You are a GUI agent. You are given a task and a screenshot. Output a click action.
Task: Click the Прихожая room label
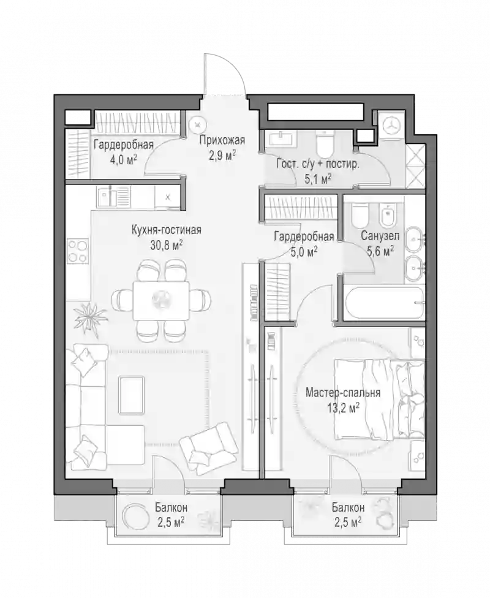[x=222, y=140]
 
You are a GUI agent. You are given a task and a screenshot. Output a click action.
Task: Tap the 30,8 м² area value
[x=166, y=244]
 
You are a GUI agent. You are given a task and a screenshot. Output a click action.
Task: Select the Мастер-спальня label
[x=343, y=392]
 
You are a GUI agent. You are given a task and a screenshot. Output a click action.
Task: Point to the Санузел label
[x=380, y=236]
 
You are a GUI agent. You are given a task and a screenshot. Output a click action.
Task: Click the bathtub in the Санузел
[x=384, y=303]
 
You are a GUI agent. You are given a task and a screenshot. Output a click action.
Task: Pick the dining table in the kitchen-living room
[x=161, y=300]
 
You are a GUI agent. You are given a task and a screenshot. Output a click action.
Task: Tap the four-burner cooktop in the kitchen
[x=78, y=251]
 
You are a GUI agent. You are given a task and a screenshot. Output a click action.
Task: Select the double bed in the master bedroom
[x=379, y=399]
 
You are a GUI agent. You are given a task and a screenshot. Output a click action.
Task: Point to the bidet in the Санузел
[x=388, y=216]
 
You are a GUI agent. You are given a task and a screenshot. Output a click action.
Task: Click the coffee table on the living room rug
[x=132, y=395]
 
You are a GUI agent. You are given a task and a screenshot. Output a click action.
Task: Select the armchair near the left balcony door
[x=209, y=447]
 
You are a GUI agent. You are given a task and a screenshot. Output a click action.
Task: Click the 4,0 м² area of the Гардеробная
[x=123, y=159]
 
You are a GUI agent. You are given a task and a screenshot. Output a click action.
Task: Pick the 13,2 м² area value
[x=343, y=408]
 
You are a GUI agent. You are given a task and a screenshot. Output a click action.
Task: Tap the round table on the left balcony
[x=135, y=517]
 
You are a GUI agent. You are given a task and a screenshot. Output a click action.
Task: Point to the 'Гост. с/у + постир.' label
[x=318, y=165]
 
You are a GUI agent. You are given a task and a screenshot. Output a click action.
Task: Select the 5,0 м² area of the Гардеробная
[x=304, y=252]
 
